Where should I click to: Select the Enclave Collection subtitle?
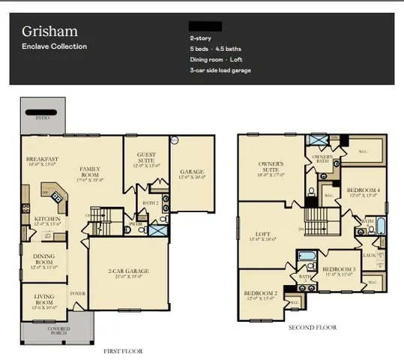(x=54, y=46)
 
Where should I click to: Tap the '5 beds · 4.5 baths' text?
(x=216, y=48)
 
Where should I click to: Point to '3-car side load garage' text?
(x=220, y=70)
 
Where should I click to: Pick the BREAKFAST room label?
(x=42, y=160)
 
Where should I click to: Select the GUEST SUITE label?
(x=147, y=159)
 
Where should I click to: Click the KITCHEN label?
(x=46, y=220)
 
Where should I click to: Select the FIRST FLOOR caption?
(x=124, y=350)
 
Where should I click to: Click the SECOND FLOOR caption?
(x=313, y=327)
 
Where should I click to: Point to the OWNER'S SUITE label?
(x=270, y=166)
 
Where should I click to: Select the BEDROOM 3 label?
(x=338, y=269)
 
